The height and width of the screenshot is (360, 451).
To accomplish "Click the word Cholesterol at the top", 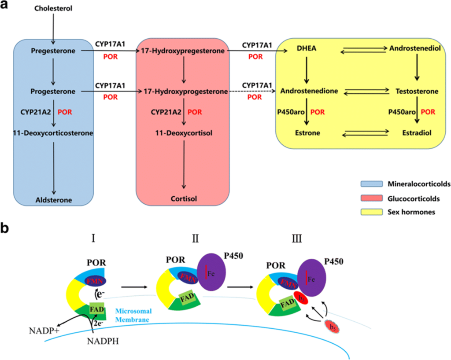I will [x=53, y=8].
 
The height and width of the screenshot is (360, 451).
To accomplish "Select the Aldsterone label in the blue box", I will [x=54, y=200].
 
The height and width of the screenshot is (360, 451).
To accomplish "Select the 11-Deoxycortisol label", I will [x=184, y=132].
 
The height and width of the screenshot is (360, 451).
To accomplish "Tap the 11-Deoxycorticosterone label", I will [x=54, y=132].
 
